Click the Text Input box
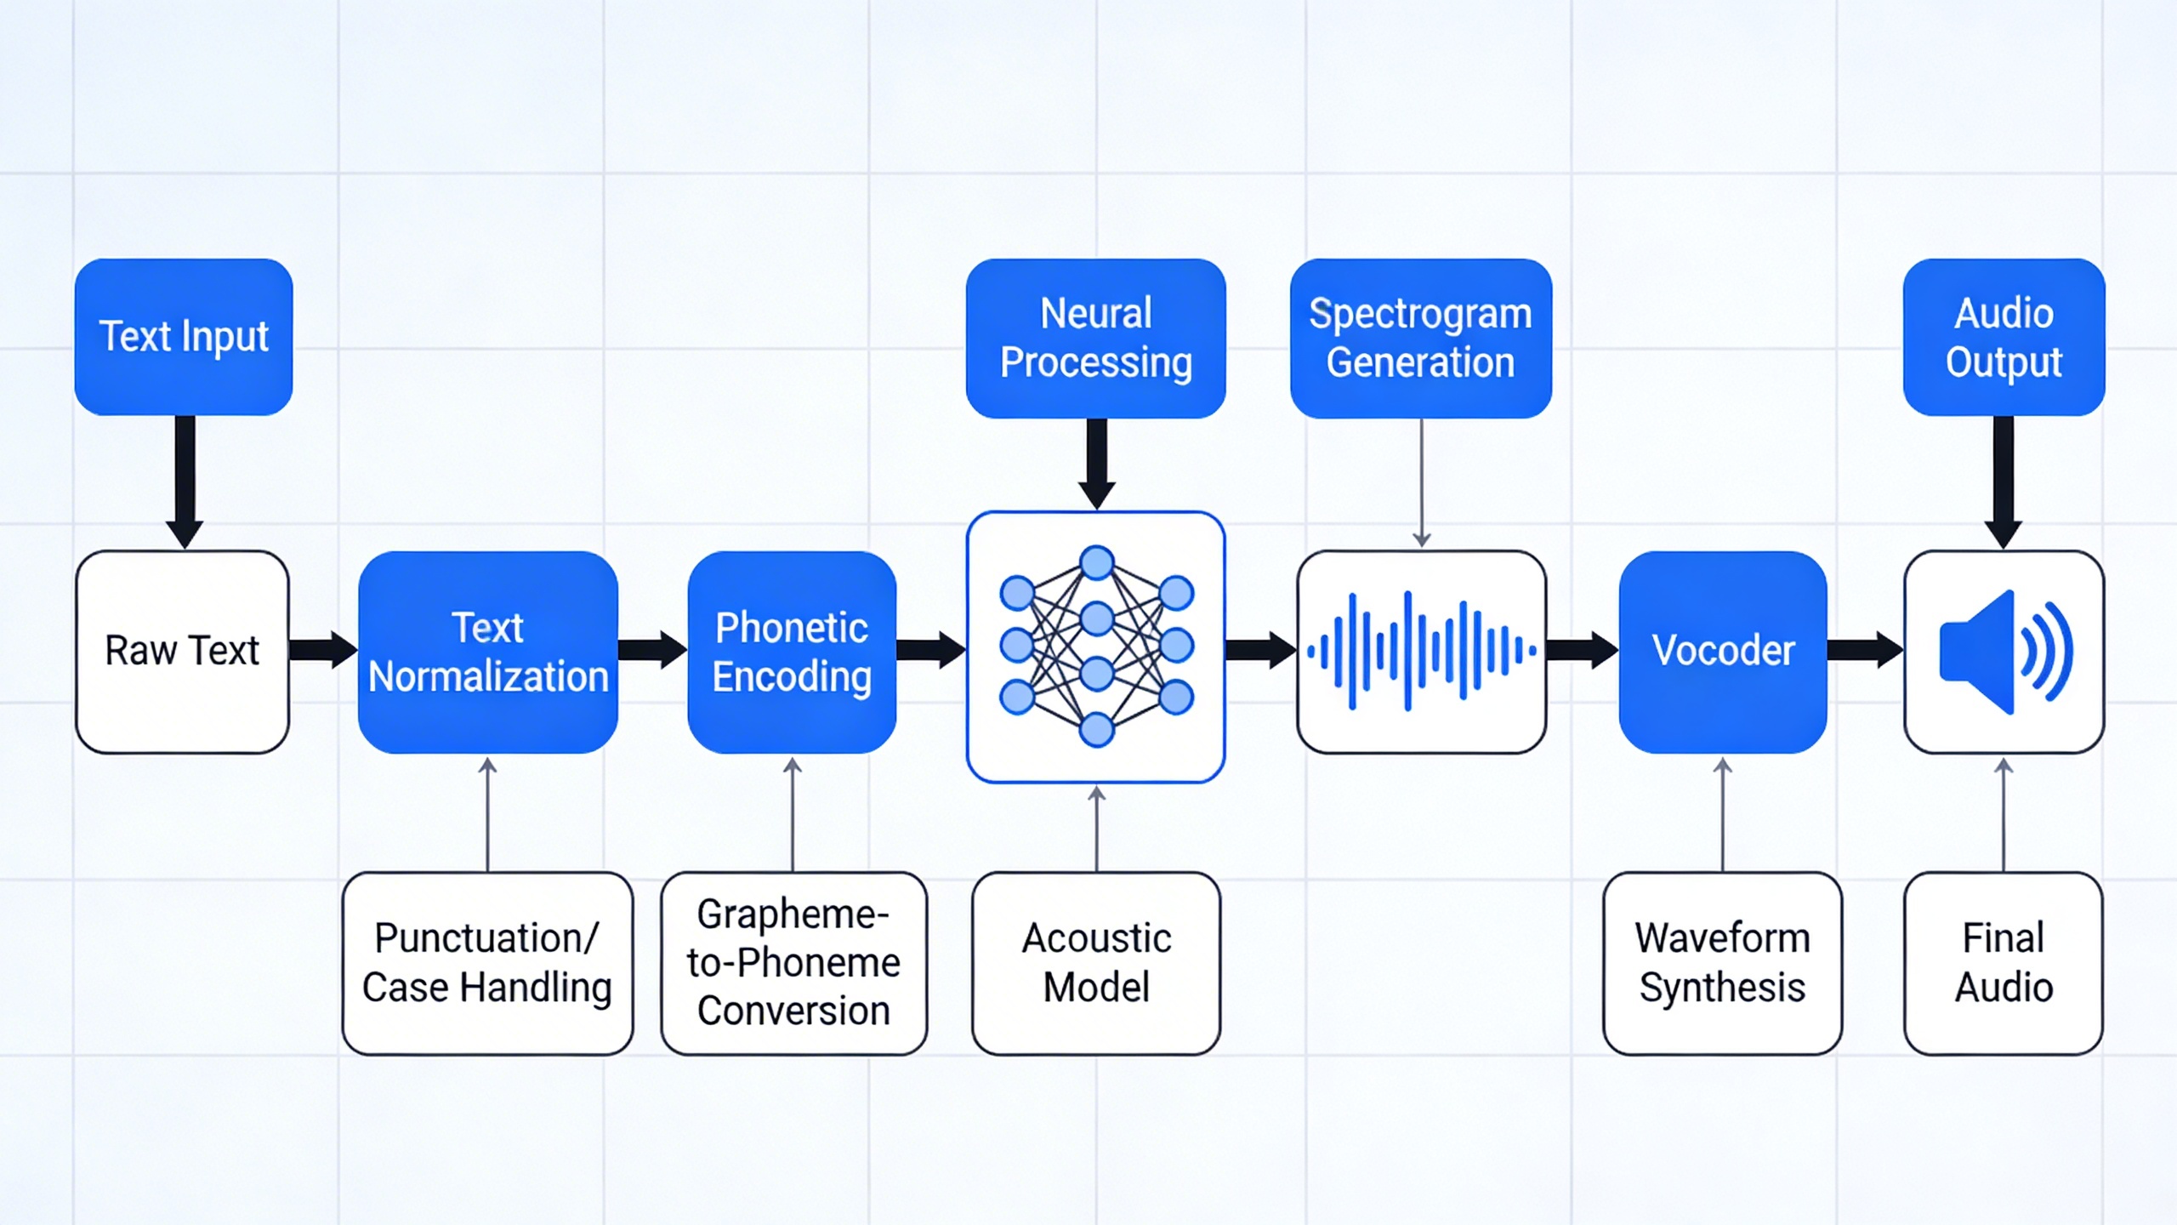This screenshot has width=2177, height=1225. click(x=184, y=337)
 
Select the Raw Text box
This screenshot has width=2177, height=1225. click(x=182, y=652)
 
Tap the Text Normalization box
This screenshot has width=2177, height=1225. click(x=488, y=652)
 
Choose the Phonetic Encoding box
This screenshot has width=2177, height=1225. click(x=792, y=652)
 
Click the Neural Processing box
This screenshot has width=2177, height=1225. click(x=1095, y=338)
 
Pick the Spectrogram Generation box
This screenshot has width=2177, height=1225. click(x=1420, y=338)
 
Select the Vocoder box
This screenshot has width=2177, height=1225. click(x=1723, y=652)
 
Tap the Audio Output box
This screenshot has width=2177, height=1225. click(x=2004, y=337)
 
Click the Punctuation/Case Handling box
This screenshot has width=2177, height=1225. click(x=487, y=963)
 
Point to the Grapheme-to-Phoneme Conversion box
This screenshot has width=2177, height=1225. click(x=793, y=963)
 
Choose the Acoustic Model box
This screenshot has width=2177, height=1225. click(x=1096, y=963)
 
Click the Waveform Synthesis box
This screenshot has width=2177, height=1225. click(x=1722, y=963)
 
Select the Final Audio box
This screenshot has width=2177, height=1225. click(x=2004, y=963)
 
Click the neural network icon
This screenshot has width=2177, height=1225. click(x=1096, y=647)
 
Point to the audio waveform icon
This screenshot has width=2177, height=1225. click(x=1421, y=652)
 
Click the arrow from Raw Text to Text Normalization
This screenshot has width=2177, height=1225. click(x=323, y=650)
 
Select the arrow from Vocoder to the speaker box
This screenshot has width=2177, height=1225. click(x=1864, y=650)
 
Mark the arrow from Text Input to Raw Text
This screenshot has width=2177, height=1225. click(x=185, y=481)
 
